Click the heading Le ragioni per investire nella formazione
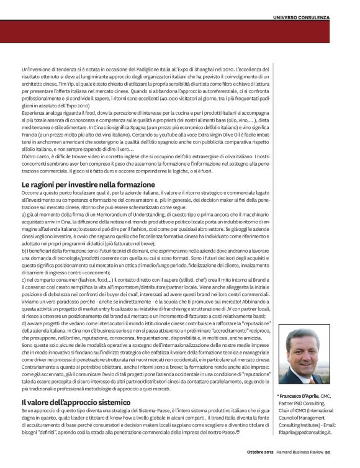click(x=88, y=185)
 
